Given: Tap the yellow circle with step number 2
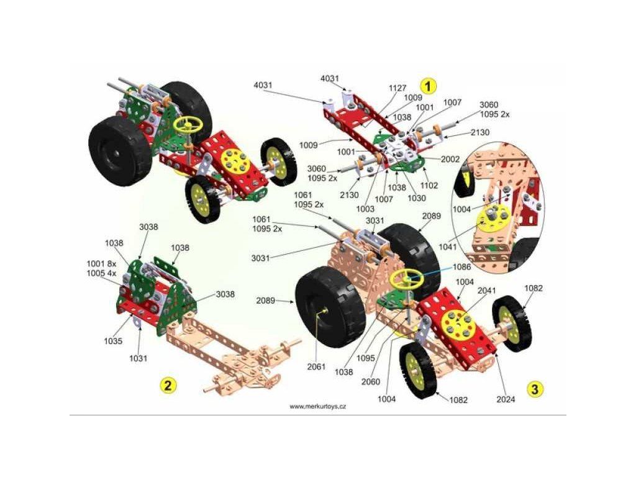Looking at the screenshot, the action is [166, 385].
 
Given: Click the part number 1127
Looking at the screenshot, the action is [397, 88].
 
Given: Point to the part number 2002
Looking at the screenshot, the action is [450, 159].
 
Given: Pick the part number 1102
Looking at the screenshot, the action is [429, 185].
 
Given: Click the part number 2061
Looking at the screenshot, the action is [316, 366].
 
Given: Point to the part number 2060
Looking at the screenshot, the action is [371, 381].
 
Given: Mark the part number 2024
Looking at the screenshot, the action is [506, 399].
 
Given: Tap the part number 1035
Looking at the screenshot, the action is [112, 341].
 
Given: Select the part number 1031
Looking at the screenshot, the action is [138, 358].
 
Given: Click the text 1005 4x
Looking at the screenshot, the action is [101, 273].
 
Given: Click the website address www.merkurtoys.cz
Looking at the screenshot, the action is [317, 406].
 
